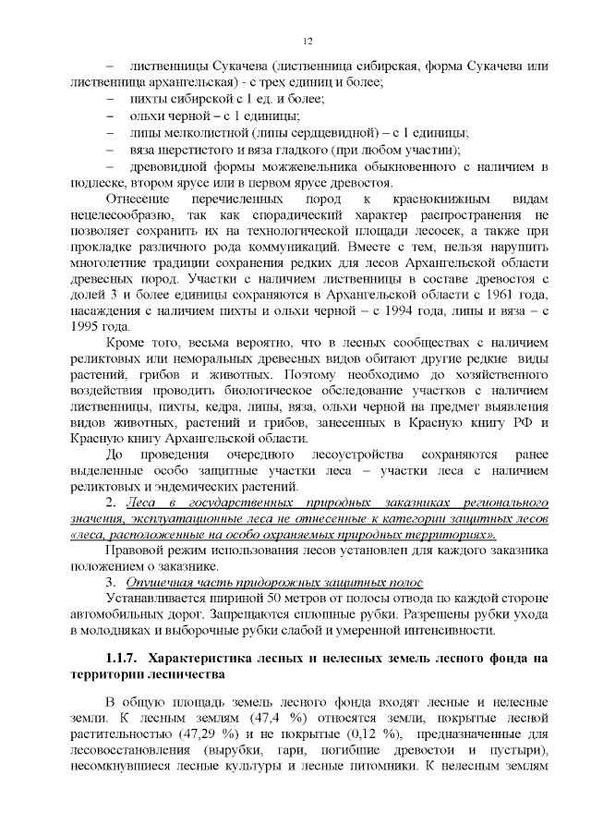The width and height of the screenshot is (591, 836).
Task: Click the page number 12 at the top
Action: [308, 41]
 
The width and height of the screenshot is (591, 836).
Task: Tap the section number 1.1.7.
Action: [121, 659]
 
